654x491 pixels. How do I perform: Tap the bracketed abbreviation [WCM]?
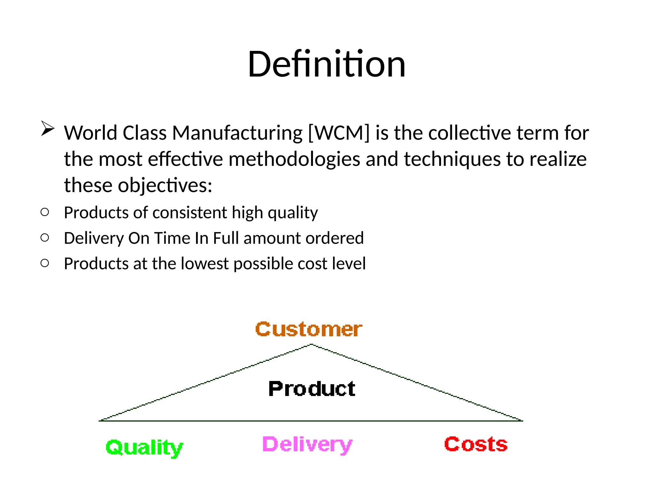pyautogui.click(x=338, y=133)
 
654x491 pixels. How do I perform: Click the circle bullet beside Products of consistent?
pyautogui.click(x=45, y=212)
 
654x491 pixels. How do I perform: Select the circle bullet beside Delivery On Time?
pyautogui.click(x=45, y=238)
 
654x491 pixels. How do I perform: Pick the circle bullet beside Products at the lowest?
pyautogui.click(x=45, y=263)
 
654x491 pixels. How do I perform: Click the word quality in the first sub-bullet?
pyautogui.click(x=293, y=213)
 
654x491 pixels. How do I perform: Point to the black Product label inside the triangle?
pyautogui.click(x=312, y=389)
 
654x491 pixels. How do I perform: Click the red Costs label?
pyautogui.click(x=476, y=444)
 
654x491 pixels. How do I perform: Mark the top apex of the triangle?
pyautogui.click(x=311, y=344)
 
